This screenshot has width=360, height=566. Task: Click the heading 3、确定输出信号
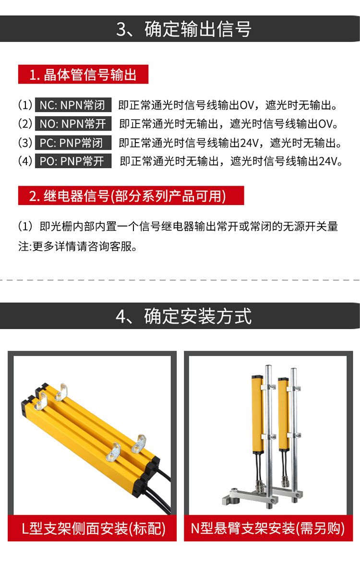tap(184, 29)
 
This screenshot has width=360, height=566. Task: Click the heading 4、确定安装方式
tap(184, 316)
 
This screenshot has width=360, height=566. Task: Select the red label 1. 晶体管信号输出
tap(83, 74)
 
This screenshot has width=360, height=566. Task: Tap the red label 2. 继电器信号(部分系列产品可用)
tap(131, 196)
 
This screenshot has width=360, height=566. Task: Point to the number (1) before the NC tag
tap(25, 105)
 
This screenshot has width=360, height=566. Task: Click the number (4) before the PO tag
tap(25, 161)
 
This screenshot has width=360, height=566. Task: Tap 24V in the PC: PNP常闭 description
tap(250, 143)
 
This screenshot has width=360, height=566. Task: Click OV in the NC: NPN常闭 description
tap(247, 106)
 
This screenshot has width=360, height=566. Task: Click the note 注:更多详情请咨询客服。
tap(78, 247)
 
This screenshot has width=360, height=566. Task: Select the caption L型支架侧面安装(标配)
tap(93, 529)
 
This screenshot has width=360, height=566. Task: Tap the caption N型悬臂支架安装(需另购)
tap(268, 529)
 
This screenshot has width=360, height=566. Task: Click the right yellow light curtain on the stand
tap(284, 413)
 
